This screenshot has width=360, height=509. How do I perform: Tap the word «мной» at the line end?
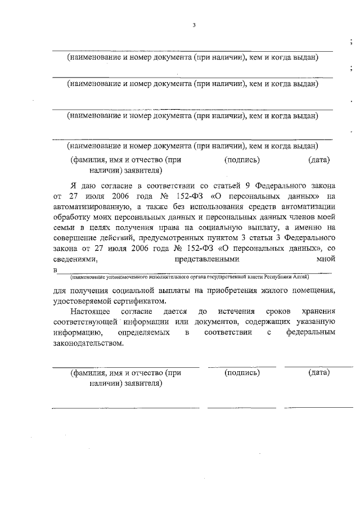[327, 259]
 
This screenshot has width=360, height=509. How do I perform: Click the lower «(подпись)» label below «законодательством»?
[241, 373]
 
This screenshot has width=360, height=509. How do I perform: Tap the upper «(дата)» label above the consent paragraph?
[319, 160]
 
